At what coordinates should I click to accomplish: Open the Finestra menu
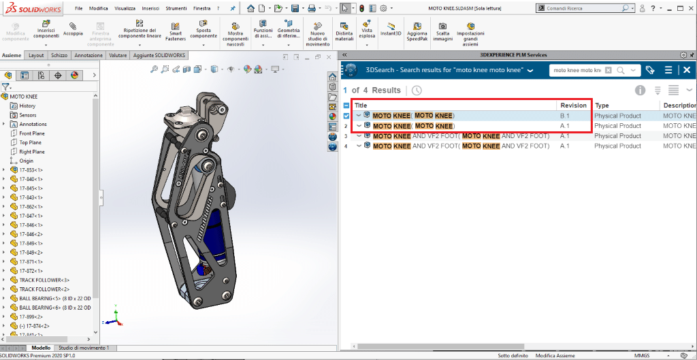coord(201,8)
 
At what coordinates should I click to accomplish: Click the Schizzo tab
coord(59,55)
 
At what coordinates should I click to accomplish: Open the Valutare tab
coord(118,55)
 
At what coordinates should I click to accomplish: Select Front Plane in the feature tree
coord(30,133)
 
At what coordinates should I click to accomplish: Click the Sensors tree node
coord(27,115)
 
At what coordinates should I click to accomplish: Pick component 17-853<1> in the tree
coord(31,170)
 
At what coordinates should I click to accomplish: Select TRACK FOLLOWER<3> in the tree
coord(44,280)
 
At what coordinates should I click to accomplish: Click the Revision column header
coord(573,105)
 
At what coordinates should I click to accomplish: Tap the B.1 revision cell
coord(564,116)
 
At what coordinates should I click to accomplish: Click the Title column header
coord(361,105)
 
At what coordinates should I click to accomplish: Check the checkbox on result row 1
coord(346,116)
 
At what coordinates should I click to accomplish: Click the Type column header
coord(602,105)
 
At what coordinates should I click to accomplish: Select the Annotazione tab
coord(88,55)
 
